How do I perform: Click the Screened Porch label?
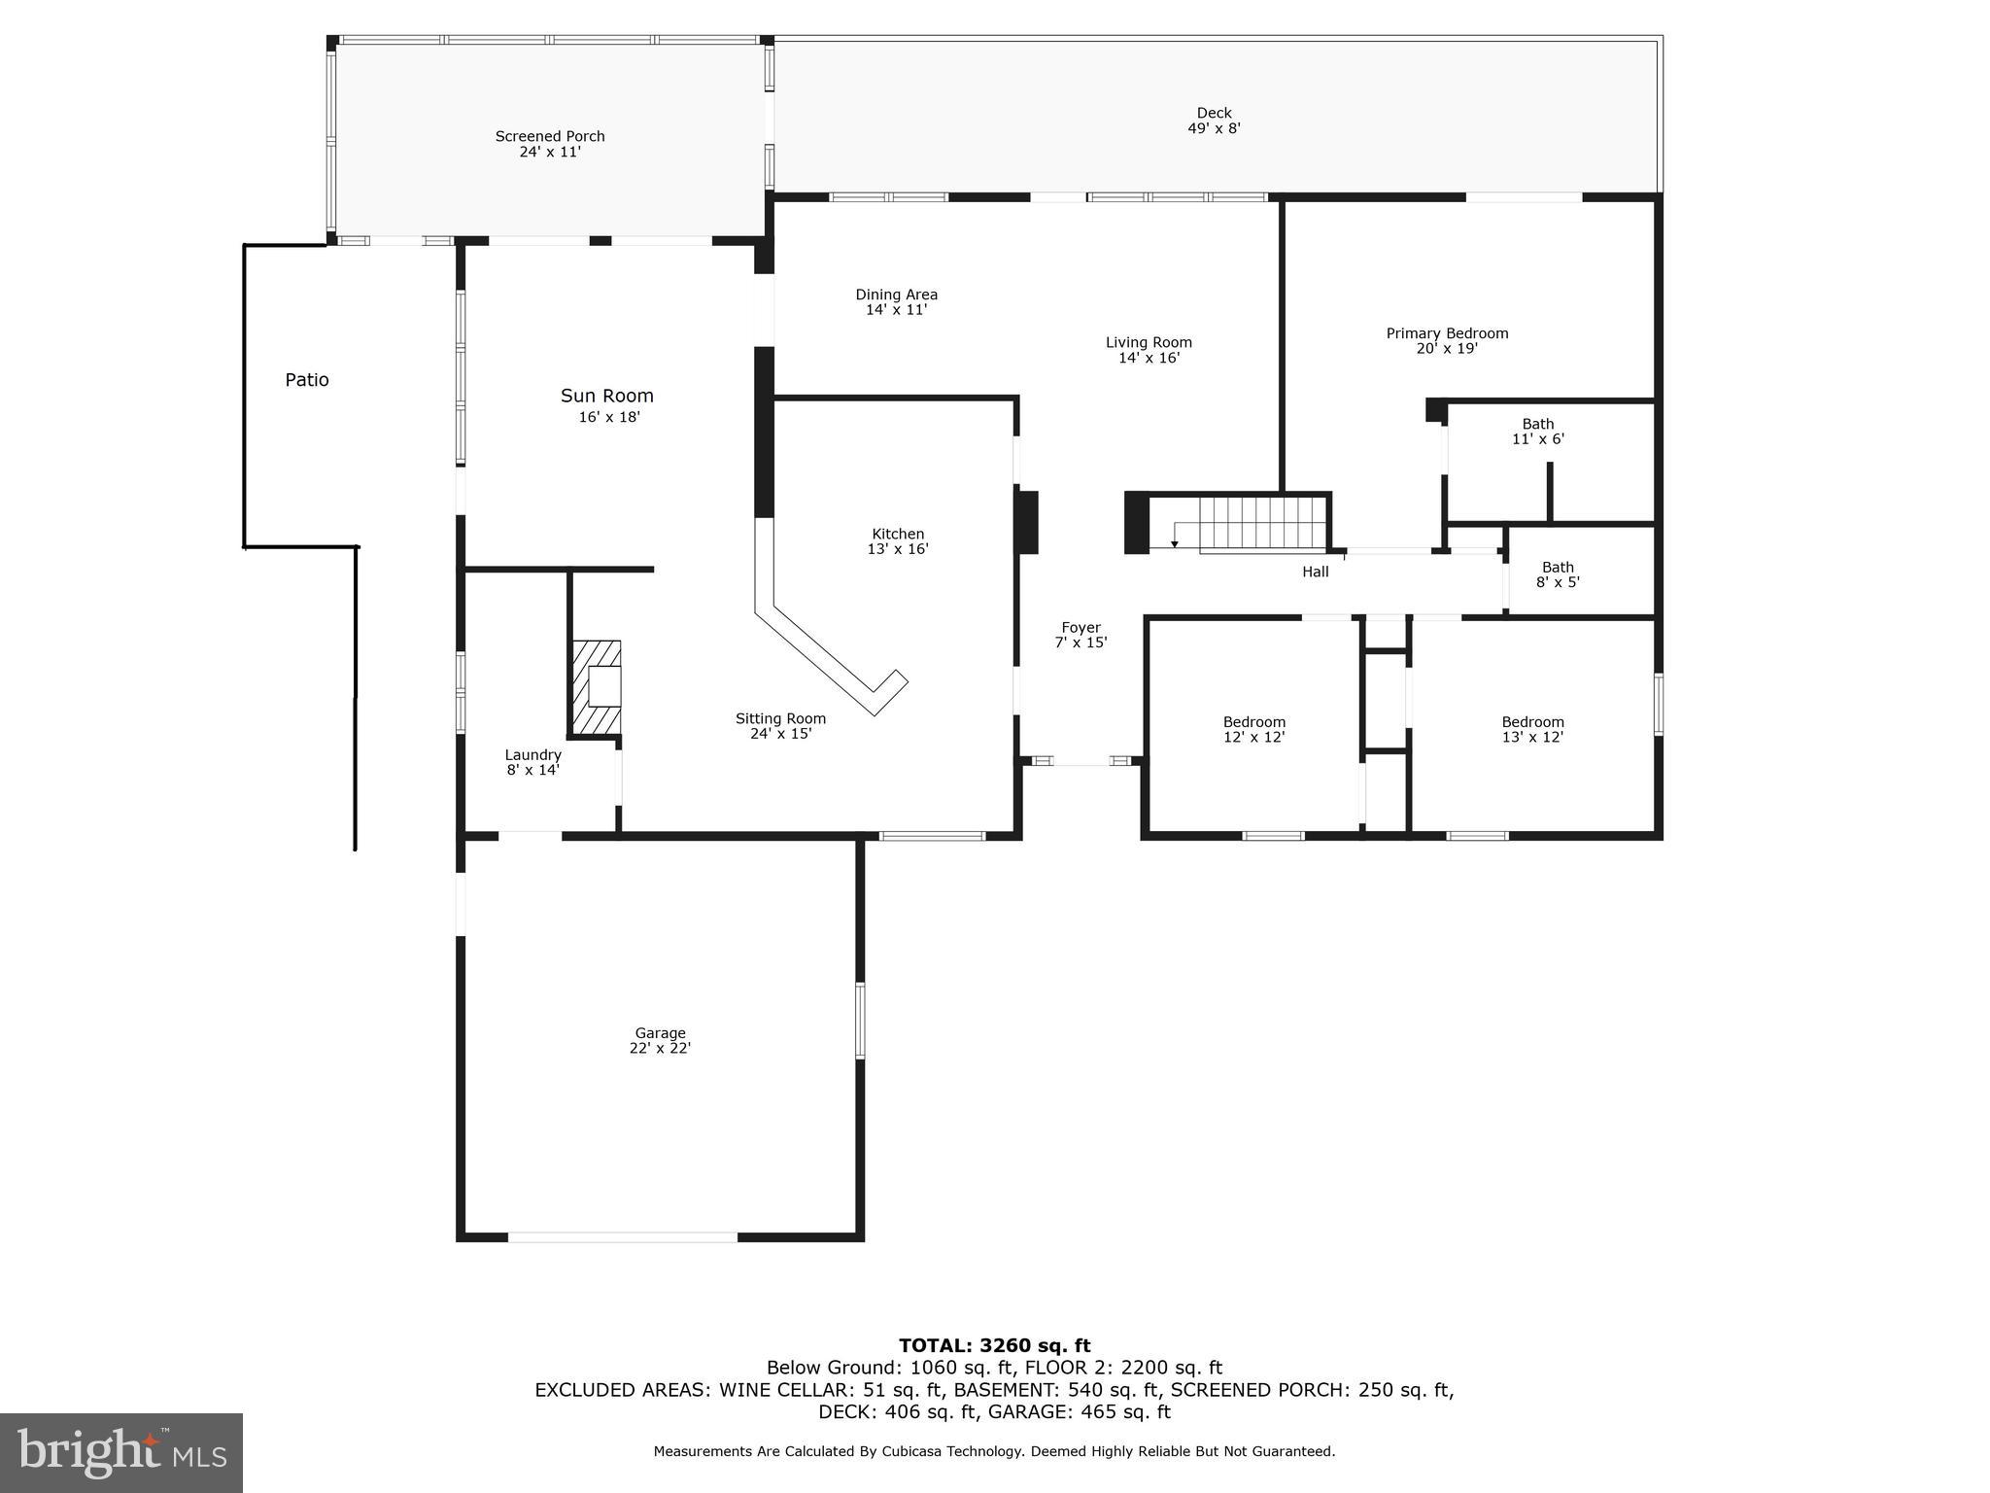point(550,144)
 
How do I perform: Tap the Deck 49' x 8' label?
point(1214,121)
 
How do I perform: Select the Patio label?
point(307,380)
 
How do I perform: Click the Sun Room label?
point(607,404)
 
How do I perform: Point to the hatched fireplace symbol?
point(596,686)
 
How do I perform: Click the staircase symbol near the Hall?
point(1261,524)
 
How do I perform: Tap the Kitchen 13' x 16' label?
point(898,541)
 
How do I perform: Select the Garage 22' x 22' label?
point(660,1040)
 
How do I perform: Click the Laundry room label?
point(532,762)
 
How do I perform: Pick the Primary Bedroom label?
point(1447,340)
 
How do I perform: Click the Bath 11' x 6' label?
point(1537,431)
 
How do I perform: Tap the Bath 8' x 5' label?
point(1558,574)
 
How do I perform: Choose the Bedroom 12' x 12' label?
point(1253,729)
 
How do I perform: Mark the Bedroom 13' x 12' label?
point(1532,729)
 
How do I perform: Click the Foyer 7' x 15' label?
point(1081,635)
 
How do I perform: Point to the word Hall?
point(1315,572)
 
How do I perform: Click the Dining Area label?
point(896,301)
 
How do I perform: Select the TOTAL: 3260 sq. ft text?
point(994,1345)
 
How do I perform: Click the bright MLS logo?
point(121,1453)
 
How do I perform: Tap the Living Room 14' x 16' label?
point(1149,350)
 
